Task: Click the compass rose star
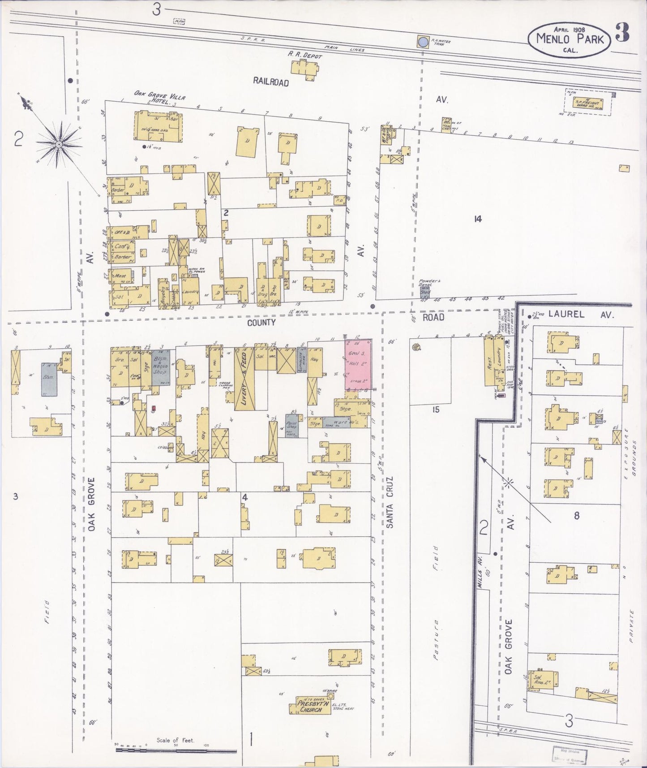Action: pyautogui.click(x=58, y=144)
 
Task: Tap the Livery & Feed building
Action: pyautogui.click(x=244, y=379)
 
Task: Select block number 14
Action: pyautogui.click(x=478, y=219)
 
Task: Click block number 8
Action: pyautogui.click(x=576, y=515)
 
